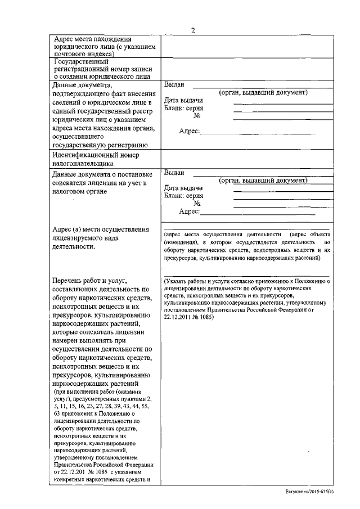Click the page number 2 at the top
pos(192,30)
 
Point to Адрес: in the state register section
pos(189,130)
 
